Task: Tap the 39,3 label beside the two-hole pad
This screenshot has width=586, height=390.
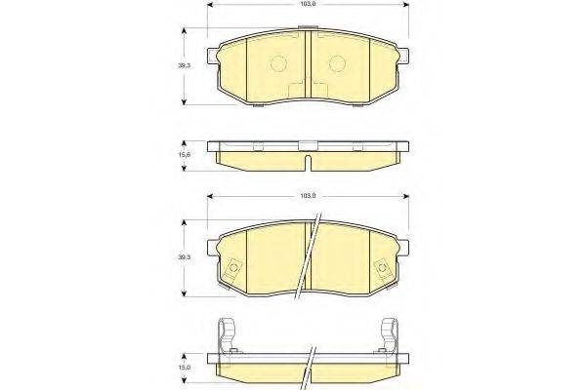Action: pyautogui.click(x=184, y=65)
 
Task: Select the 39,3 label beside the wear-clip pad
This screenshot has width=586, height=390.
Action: pyautogui.click(x=184, y=257)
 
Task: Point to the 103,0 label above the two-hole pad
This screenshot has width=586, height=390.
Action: pyautogui.click(x=309, y=4)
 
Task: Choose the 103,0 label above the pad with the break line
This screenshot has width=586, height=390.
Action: pyautogui.click(x=309, y=196)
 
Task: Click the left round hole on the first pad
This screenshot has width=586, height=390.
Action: pyautogui.click(x=278, y=63)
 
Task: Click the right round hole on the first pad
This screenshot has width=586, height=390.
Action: pyautogui.click(x=337, y=63)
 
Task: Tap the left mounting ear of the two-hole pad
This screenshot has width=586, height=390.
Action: pyautogui.click(x=212, y=56)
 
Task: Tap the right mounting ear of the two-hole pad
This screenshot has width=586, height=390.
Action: pyautogui.click(x=403, y=56)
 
